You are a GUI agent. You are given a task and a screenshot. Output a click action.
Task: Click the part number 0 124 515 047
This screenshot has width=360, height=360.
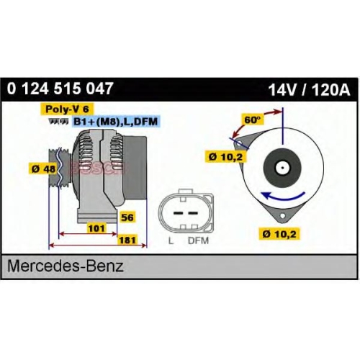click(60, 89)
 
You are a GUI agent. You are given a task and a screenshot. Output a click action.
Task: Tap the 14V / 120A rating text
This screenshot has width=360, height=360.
click(309, 90)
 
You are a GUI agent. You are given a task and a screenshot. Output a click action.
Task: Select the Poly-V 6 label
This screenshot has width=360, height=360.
click(67, 109)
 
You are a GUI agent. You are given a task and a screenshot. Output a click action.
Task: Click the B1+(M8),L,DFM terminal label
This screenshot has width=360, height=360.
click(115, 122)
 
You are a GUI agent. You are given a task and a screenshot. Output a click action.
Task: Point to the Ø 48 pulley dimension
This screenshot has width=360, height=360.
click(43, 169)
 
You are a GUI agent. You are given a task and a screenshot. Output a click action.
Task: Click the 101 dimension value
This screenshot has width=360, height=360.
click(96, 228)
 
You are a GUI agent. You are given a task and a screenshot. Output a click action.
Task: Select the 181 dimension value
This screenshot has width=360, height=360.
click(127, 240)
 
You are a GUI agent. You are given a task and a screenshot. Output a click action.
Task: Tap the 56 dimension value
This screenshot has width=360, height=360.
click(127, 217)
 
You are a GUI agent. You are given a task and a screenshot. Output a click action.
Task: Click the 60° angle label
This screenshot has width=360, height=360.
click(252, 120)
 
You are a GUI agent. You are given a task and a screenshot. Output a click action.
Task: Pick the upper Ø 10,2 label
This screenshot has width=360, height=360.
click(226, 157)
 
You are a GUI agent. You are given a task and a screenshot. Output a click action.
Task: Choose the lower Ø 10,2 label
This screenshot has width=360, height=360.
click(279, 233)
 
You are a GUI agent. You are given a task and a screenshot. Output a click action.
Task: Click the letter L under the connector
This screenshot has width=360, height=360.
click(171, 240)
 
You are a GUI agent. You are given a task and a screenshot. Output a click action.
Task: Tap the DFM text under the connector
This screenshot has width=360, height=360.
click(198, 240)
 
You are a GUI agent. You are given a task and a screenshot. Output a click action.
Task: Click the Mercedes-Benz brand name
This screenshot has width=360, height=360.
click(66, 266)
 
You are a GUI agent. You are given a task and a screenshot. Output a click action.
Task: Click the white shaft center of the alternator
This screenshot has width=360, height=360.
click(282, 167)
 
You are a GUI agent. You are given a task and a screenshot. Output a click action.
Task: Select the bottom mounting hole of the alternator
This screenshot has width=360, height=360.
click(282, 216)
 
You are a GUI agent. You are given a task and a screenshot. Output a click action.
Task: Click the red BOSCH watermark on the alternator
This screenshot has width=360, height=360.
click(97, 168)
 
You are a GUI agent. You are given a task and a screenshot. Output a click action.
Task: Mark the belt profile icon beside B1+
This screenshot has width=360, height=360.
click(58, 122)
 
